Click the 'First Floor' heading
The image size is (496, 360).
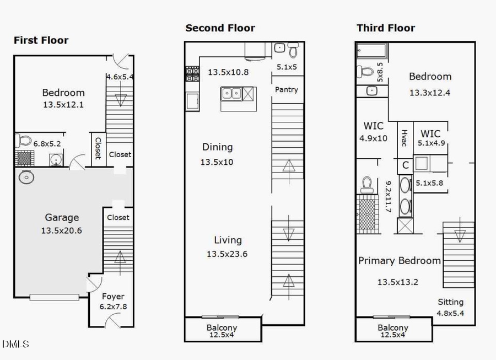[41, 40]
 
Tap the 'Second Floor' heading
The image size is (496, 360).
[220, 28]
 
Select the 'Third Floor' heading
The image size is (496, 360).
[386, 28]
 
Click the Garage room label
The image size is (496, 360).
[62, 218]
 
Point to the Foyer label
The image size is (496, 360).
[112, 296]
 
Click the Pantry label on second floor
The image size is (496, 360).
[286, 89]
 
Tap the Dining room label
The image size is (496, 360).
[217, 147]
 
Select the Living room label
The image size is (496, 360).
[228, 240]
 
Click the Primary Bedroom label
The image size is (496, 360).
[400, 261]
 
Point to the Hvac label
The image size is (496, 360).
[404, 138]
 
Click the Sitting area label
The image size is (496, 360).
[450, 302]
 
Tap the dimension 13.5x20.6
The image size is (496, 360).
[62, 230]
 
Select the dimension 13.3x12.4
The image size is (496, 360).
[430, 93]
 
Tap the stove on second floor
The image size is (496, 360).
[192, 74]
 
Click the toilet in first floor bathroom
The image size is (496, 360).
[24, 139]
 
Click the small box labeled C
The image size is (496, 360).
[405, 165]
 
